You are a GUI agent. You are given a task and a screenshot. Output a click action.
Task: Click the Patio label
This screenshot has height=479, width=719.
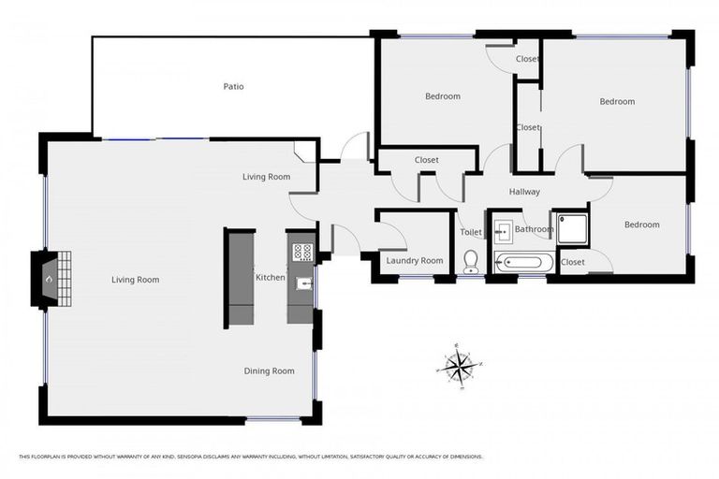233,87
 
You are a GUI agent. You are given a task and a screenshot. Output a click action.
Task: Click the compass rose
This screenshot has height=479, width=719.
459,365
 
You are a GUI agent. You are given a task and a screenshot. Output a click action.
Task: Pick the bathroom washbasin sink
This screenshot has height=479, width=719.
502,228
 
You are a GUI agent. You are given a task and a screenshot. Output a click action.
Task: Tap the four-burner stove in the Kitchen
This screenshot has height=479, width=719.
302,251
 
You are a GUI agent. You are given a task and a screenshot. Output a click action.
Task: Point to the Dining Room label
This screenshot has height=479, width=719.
270,371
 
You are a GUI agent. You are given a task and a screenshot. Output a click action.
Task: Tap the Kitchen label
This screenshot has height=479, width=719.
270,278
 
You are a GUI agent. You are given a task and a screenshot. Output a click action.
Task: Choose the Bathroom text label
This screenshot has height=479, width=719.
535,229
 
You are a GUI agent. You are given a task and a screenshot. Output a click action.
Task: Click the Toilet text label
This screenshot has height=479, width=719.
471,233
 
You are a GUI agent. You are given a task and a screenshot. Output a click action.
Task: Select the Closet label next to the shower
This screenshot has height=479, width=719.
572,263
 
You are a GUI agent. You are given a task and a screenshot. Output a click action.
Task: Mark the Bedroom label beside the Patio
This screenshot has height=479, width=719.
443,96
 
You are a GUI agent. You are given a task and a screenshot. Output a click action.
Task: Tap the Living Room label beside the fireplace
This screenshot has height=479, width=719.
136,280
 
